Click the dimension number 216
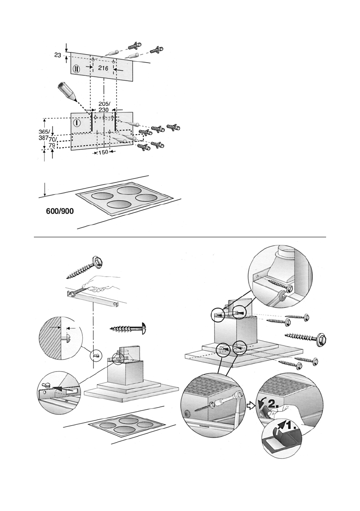pyautogui.click(x=103, y=69)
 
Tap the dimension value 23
pyautogui.click(x=57, y=55)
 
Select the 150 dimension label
pyautogui.click(x=103, y=152)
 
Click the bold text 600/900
pyautogui.click(x=60, y=211)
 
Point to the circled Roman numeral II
pyautogui.click(x=77, y=69)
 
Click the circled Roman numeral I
pyautogui.click(x=77, y=123)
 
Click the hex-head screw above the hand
pyautogui.click(x=85, y=267)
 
